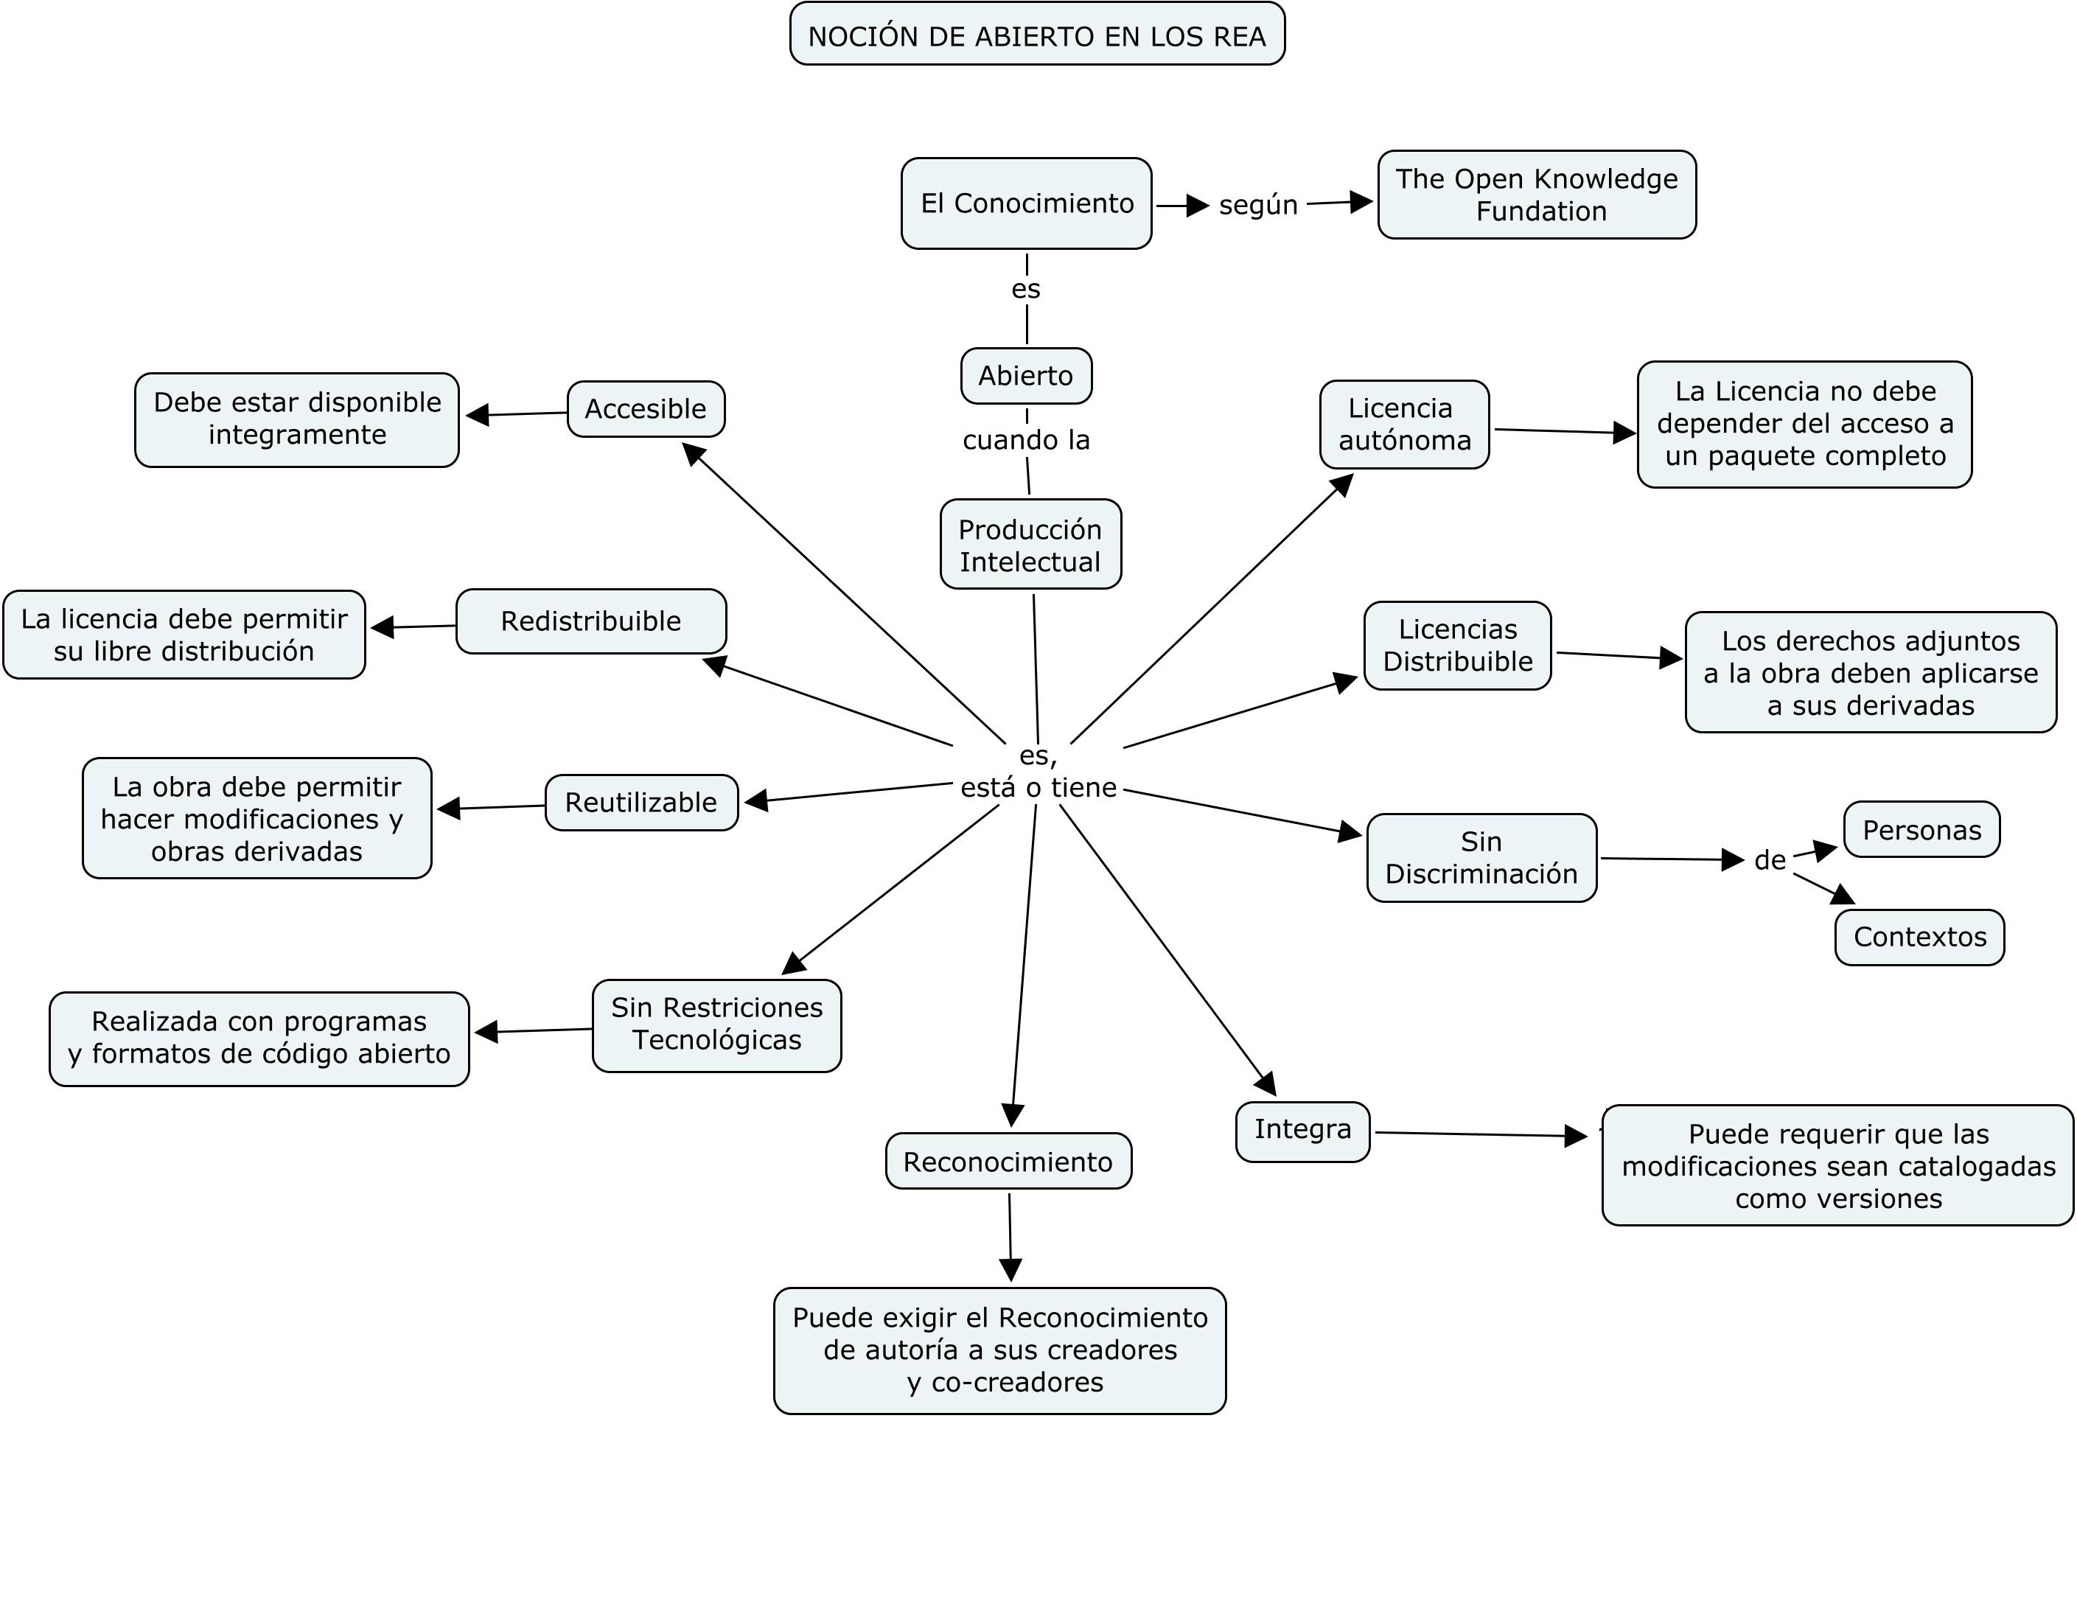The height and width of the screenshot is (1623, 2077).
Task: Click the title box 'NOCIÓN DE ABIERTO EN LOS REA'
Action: click(1036, 35)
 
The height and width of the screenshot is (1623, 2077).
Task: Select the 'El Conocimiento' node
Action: click(1026, 203)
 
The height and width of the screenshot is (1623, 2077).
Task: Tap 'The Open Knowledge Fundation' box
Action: click(1536, 195)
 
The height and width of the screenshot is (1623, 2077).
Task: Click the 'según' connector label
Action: click(1257, 204)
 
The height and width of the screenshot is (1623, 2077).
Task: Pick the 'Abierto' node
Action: click(1025, 376)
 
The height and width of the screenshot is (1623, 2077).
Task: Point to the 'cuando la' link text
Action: click(1025, 440)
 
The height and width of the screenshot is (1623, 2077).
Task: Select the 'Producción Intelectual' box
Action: click(1030, 545)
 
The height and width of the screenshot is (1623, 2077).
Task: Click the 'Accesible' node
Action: click(646, 409)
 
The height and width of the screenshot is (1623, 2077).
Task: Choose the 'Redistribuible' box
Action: click(590, 621)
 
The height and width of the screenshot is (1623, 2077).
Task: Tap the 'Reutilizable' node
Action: click(641, 803)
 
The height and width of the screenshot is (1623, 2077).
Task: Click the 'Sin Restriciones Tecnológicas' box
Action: click(716, 1024)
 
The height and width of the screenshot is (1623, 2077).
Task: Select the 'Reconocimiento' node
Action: click(1008, 1161)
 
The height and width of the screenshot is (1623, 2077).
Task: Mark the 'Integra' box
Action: click(1302, 1129)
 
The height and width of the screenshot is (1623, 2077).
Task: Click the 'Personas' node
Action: click(1921, 830)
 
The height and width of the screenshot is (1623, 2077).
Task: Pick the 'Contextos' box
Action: click(1919, 937)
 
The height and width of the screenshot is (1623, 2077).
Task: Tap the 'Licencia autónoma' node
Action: click(1403, 424)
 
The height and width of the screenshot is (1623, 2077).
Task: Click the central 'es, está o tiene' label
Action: click(1038, 772)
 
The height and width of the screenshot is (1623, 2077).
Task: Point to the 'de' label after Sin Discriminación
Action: click(1769, 860)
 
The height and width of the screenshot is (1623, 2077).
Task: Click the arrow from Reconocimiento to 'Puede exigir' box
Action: click(1010, 1236)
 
